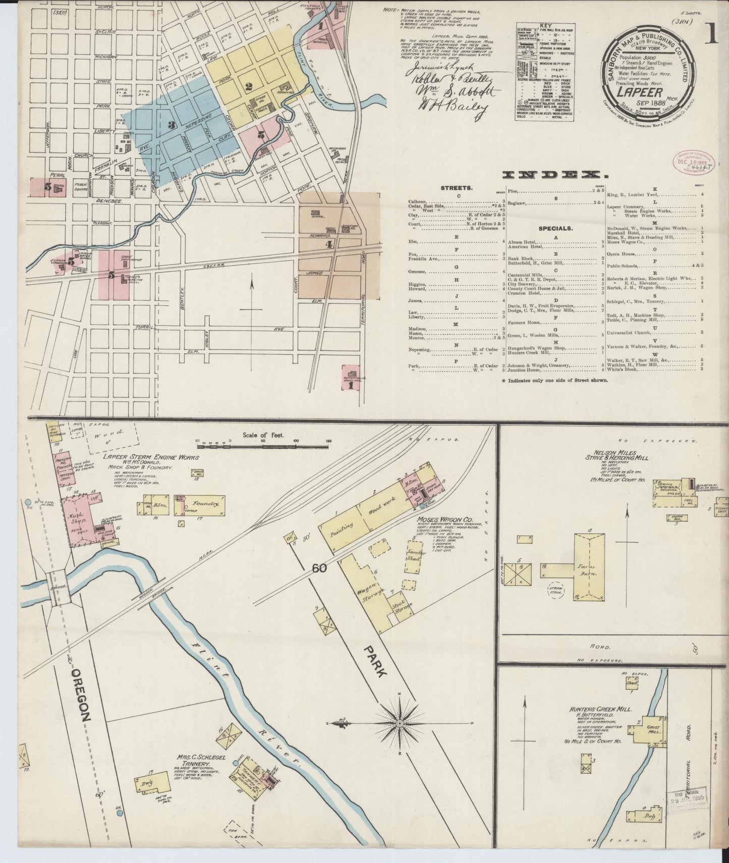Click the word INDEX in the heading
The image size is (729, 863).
coord(554,175)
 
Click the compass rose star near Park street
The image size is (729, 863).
coord(399,723)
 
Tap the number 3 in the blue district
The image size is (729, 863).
coord(172,125)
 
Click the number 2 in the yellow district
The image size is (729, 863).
coord(248,86)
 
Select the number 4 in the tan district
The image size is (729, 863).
coord(329,245)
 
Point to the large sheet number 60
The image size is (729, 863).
coord(319,568)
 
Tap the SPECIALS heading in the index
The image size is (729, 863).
coord(555,228)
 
